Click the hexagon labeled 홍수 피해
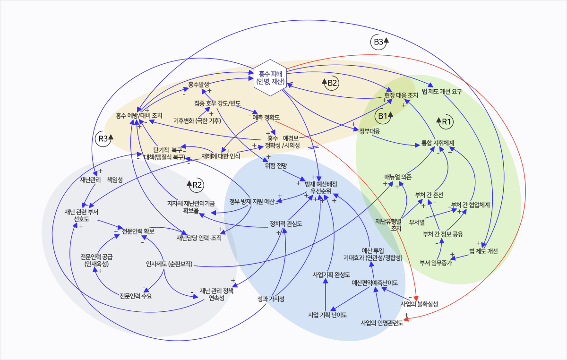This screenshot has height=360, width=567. click(271, 77)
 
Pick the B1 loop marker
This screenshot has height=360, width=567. click(382, 115)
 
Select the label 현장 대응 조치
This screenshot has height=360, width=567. click(400, 95)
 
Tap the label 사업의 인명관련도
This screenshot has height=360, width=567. click(382, 324)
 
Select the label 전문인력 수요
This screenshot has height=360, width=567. click(139, 296)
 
